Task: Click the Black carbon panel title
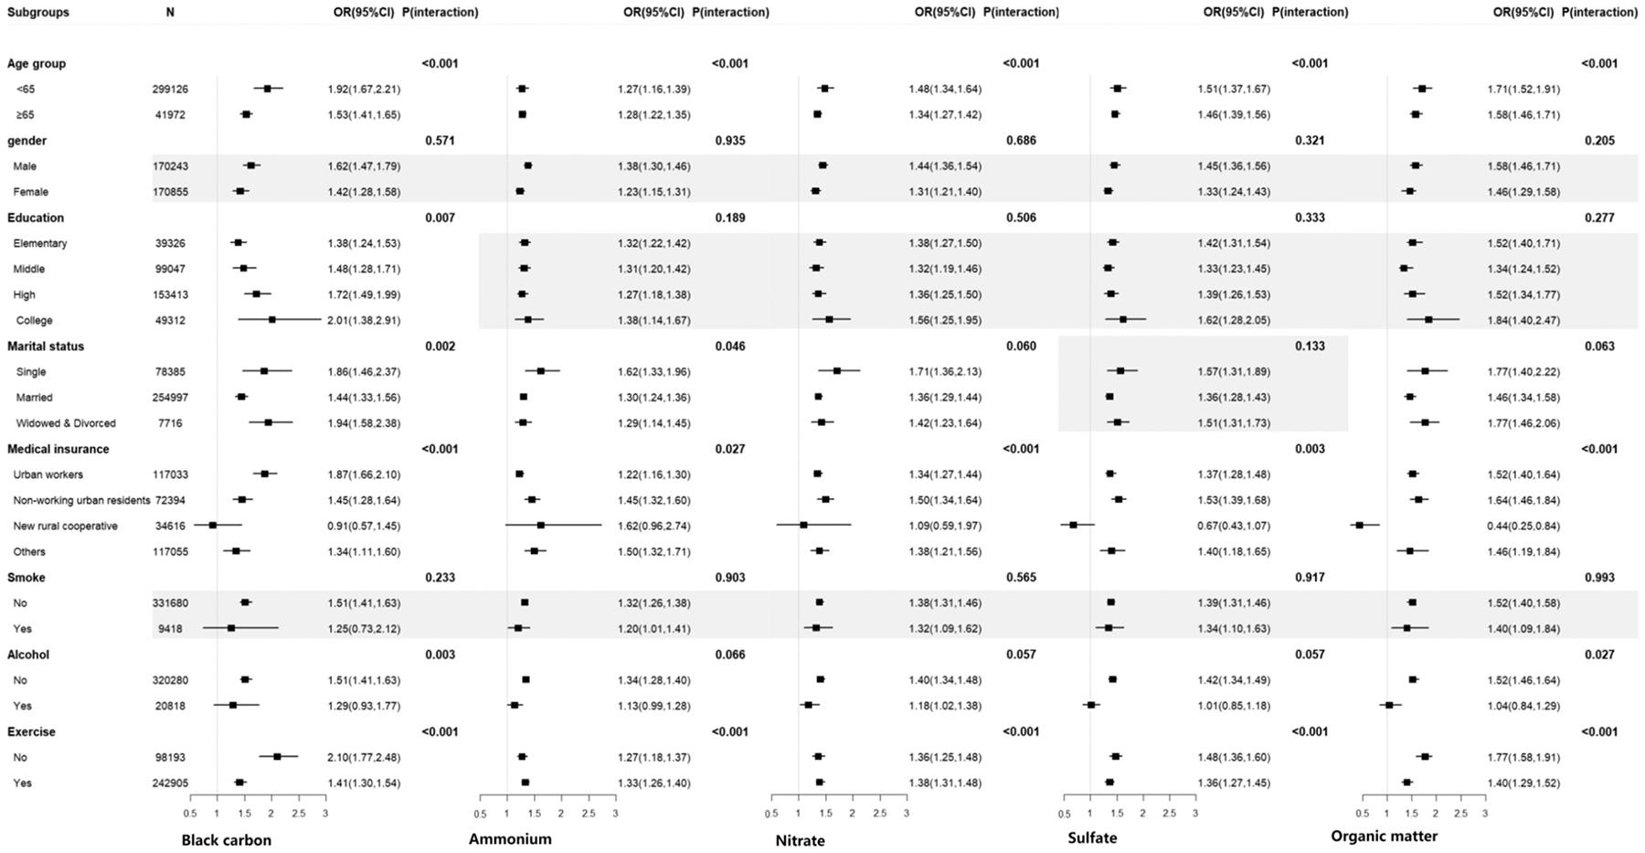point(226,840)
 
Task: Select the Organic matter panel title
point(1384,836)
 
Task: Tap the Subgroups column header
point(37,12)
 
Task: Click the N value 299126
point(170,90)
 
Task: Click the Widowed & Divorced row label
point(66,423)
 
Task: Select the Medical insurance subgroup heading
point(58,449)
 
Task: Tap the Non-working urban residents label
point(81,500)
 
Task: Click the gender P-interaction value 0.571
point(440,141)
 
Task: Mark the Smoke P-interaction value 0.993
point(1599,578)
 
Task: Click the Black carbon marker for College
point(271,320)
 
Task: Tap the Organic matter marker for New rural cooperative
point(1359,526)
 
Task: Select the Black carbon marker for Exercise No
point(277,757)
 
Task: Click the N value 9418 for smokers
point(170,629)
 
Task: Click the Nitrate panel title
point(800,840)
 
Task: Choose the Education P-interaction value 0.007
point(440,218)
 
